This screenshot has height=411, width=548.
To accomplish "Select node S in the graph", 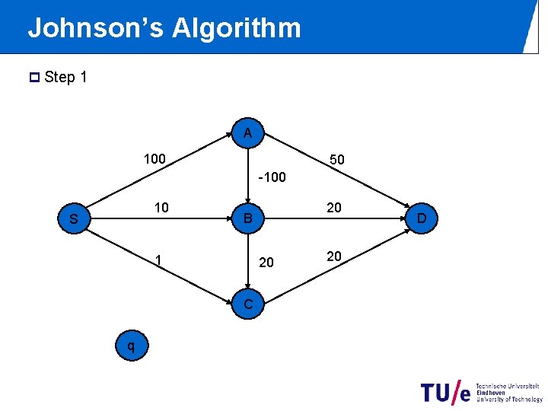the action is coord(74,220).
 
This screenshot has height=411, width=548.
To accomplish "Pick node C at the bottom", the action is coord(248,305).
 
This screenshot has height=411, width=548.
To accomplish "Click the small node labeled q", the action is coord(132,346).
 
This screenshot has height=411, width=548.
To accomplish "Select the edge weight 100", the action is coord(155,159).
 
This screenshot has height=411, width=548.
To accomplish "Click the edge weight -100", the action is coord(272,177).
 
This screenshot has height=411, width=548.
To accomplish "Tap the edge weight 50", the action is coord(337,160).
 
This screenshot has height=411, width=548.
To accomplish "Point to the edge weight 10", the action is coord(161,208).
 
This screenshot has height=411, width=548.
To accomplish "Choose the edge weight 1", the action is coord(158,260).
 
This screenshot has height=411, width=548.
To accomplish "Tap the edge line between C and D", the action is coord(335,262).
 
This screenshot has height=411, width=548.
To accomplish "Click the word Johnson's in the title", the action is coord(95,29).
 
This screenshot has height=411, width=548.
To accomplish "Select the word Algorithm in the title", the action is coord(237,29).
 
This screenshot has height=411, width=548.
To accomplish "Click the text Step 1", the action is coord(66,77).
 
